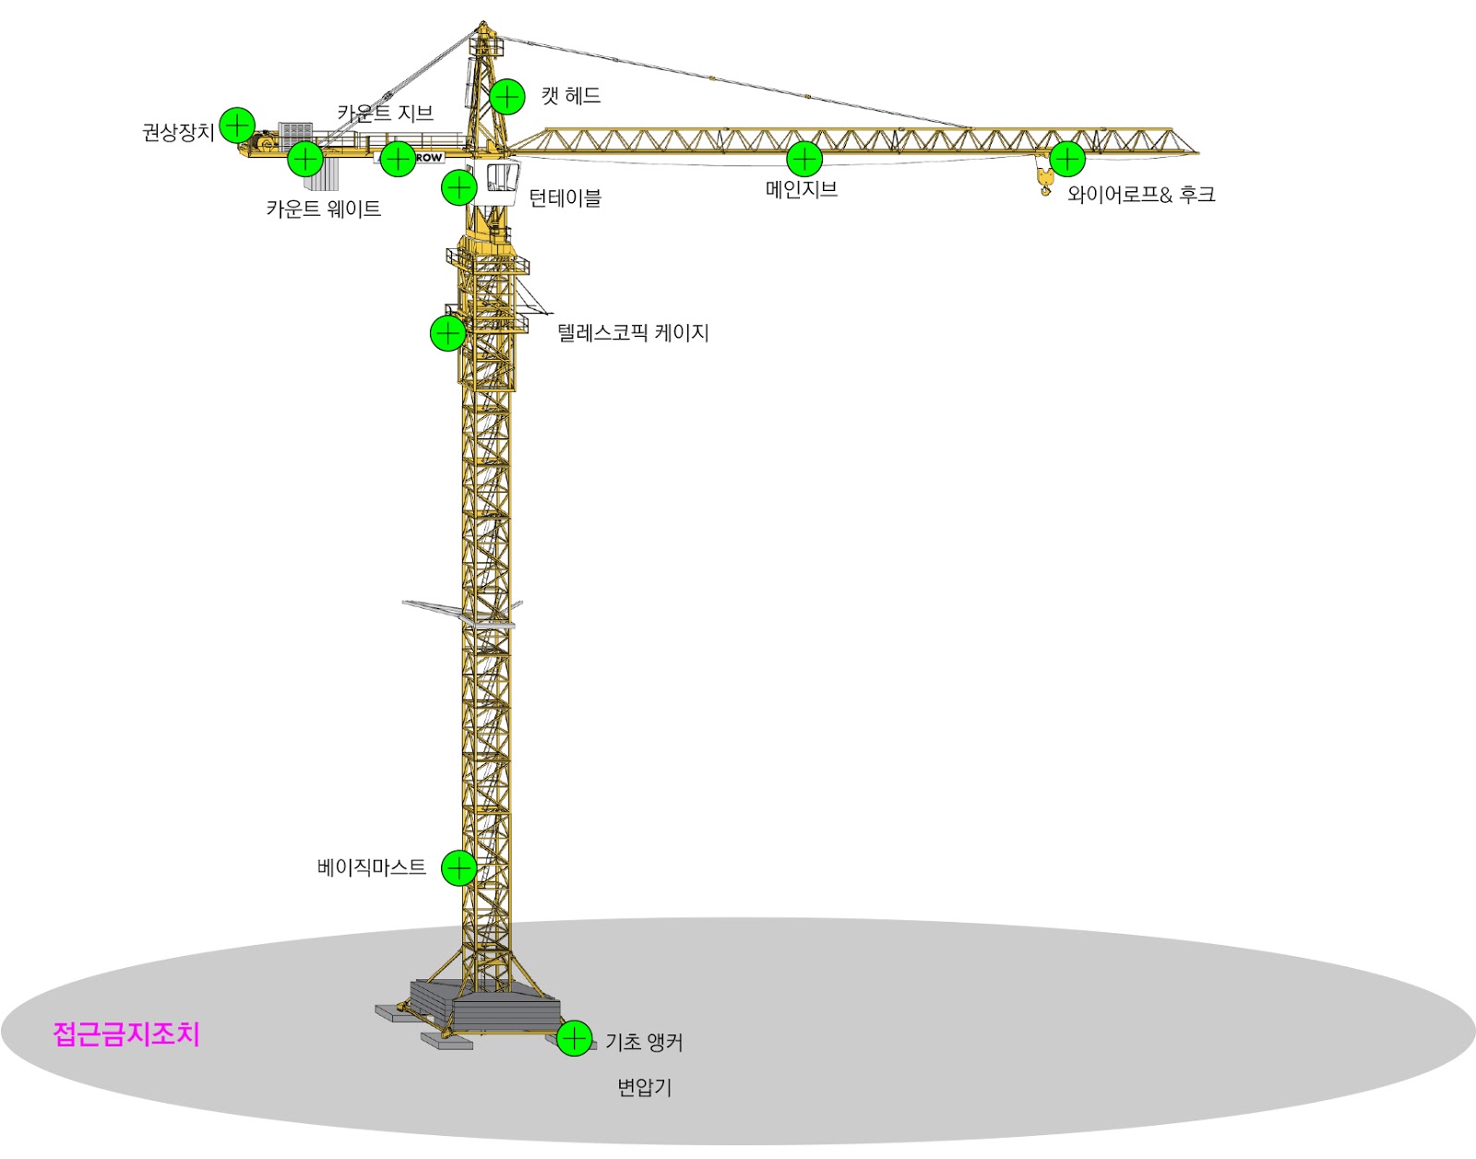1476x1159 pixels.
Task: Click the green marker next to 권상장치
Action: (x=237, y=125)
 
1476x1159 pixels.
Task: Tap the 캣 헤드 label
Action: (x=570, y=96)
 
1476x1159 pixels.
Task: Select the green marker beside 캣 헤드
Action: (x=506, y=97)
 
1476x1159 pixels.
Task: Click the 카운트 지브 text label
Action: (x=385, y=113)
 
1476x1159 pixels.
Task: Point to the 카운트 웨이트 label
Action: (x=323, y=209)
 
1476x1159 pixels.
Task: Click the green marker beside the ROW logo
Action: (x=398, y=159)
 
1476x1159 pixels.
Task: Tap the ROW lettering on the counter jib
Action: (x=429, y=158)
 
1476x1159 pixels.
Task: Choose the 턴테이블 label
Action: (x=565, y=197)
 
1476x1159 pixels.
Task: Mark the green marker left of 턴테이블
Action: (x=458, y=187)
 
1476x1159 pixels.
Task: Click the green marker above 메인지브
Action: (x=804, y=159)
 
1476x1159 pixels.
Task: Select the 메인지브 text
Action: (x=802, y=189)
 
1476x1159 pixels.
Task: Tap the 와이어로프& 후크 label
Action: (x=1141, y=195)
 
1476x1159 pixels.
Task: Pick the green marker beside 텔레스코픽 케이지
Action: (x=447, y=333)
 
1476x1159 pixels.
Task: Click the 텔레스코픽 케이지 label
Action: (x=633, y=333)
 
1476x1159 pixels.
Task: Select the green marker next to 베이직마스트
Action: (x=458, y=867)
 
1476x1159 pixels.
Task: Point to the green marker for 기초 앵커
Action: (x=574, y=1038)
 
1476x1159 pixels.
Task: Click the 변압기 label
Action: (x=645, y=1088)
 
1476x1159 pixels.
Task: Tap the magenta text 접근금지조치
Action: (x=126, y=1034)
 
